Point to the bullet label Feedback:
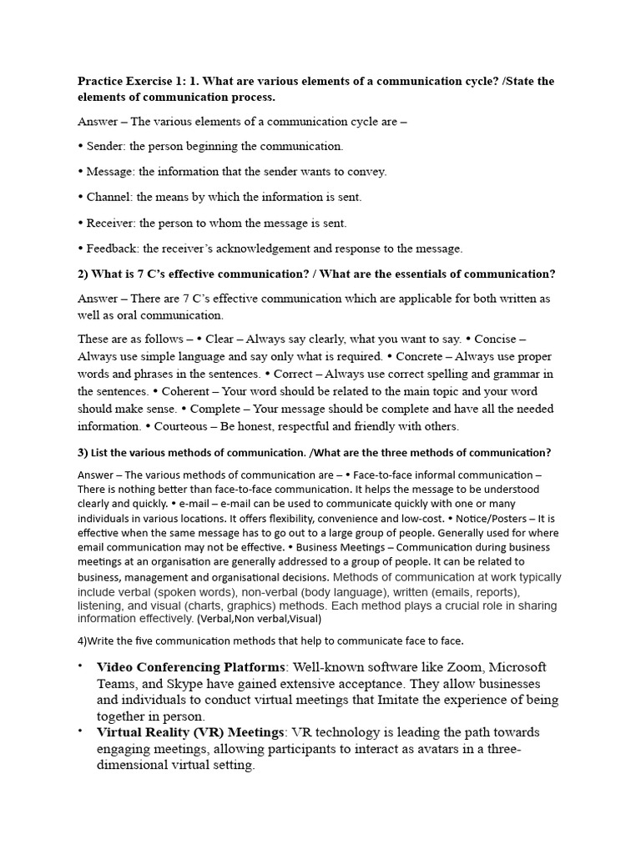114,249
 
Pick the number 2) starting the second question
83,274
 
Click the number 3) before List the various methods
83,453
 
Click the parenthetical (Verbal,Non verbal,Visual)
259,619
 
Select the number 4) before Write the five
83,640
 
